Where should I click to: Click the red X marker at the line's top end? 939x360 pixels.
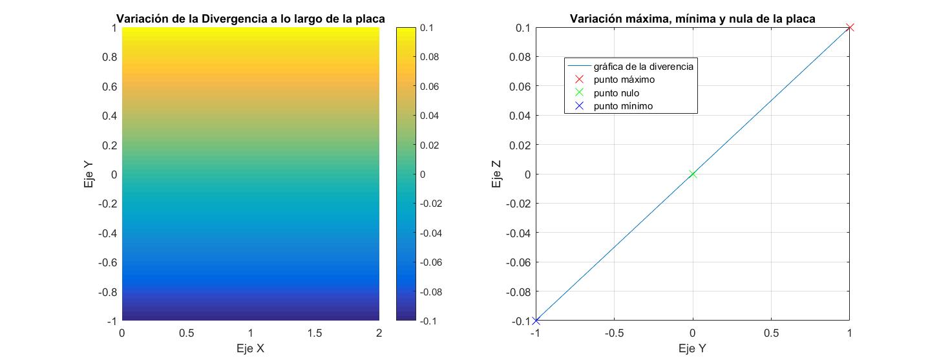[x=850, y=27]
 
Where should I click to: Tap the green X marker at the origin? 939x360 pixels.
[x=693, y=174]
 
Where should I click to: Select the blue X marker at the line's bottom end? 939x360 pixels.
[x=536, y=321]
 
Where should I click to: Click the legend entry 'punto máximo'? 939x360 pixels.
[x=624, y=79]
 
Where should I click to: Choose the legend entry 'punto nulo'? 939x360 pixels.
[x=617, y=92]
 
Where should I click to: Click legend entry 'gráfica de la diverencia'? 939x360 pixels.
[x=643, y=66]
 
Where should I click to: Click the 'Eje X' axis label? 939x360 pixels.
[x=250, y=348]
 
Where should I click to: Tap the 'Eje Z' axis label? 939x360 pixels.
[x=496, y=175]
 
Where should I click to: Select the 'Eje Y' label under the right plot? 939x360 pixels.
[x=692, y=348]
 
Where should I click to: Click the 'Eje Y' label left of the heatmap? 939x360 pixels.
[x=89, y=175]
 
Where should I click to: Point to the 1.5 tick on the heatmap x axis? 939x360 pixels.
[x=314, y=333]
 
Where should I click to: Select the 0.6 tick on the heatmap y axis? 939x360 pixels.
[x=109, y=87]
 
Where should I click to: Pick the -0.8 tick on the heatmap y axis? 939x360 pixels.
[x=107, y=291]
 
